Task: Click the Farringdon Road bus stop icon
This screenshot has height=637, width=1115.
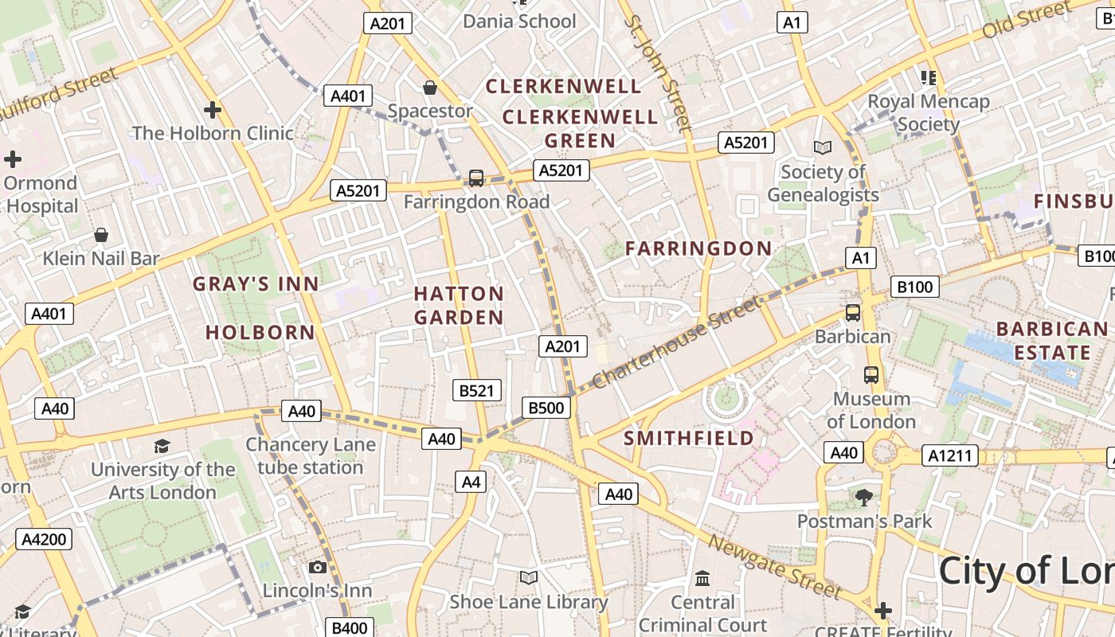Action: tap(476, 178)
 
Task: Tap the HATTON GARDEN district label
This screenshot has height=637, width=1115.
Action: tap(459, 306)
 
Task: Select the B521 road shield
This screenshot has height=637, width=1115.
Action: tap(477, 390)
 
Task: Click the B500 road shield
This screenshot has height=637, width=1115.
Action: tap(546, 408)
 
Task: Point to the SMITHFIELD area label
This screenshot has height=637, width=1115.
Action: tap(688, 439)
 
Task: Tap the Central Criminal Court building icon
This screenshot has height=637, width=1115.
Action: tap(702, 579)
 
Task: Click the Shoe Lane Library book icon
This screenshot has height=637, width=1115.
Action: tap(528, 577)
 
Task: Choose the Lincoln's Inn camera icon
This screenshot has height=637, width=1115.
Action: tap(318, 567)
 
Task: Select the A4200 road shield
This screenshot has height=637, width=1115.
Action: tap(45, 539)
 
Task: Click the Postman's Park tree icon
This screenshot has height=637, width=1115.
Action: tap(864, 498)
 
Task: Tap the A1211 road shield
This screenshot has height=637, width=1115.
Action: tap(950, 456)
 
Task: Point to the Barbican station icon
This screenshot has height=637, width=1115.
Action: tap(853, 313)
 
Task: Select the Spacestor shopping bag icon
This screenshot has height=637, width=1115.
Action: tap(430, 88)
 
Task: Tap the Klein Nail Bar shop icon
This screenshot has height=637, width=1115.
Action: tap(101, 235)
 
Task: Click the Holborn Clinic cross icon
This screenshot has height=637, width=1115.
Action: tap(212, 110)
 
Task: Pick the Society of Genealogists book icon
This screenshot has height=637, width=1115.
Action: tap(823, 148)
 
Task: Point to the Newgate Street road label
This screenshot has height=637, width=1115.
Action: tap(774, 566)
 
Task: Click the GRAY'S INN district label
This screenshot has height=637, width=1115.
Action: tap(256, 284)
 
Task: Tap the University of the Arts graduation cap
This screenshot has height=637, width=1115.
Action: tap(162, 446)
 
